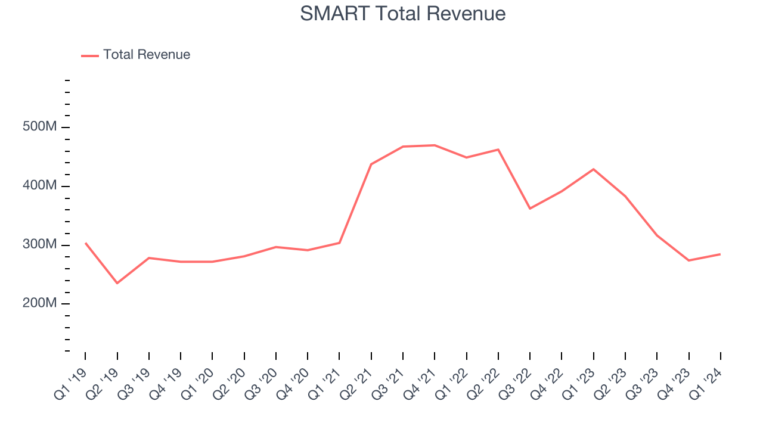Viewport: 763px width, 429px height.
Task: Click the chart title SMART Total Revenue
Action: click(402, 13)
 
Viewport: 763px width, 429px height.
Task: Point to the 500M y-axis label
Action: click(40, 128)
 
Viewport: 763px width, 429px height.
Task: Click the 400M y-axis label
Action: click(40, 186)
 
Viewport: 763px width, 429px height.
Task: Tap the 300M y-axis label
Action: click(40, 245)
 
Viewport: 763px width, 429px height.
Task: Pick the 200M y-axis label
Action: click(40, 303)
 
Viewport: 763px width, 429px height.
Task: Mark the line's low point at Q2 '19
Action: click(117, 283)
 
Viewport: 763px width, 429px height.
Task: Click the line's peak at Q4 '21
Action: click(435, 145)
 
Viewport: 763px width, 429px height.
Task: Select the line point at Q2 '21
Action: click(371, 164)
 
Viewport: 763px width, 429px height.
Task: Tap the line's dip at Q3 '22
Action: click(530, 209)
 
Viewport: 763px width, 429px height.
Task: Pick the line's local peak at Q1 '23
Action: click(593, 169)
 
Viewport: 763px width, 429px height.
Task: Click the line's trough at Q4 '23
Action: click(688, 260)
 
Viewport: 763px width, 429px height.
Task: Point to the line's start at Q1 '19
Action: click(85, 243)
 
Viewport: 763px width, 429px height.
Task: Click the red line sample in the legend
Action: click(90, 55)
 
